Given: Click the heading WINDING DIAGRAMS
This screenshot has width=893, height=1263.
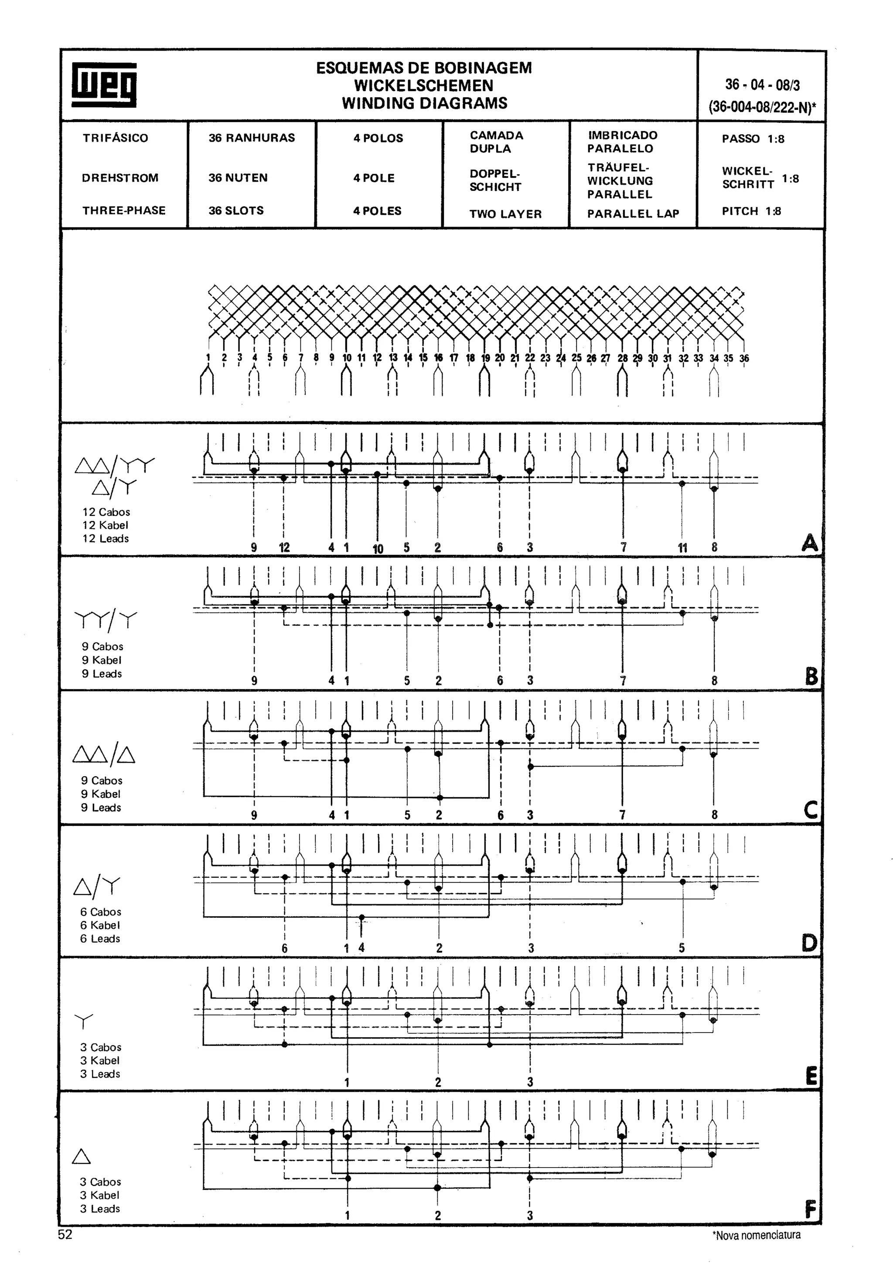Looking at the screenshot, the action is point(424,103).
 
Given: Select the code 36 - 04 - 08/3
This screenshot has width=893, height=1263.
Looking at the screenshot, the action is point(762,85).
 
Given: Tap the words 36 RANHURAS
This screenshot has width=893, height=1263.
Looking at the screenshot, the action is point(252,138).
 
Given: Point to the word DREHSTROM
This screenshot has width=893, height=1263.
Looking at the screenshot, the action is point(120,178).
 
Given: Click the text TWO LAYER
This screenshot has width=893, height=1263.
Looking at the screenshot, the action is point(505,214).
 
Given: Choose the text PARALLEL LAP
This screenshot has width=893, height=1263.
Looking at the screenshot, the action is point(633,214).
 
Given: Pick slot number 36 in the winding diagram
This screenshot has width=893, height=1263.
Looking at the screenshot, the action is point(744,358).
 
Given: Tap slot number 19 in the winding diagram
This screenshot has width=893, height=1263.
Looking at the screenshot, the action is point(485,358).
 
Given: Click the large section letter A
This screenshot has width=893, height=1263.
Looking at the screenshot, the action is point(809,543).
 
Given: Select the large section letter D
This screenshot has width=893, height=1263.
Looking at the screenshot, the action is point(809,944).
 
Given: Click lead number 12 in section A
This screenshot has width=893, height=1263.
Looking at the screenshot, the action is point(284,547).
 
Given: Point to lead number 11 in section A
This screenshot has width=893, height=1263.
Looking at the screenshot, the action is point(682,547).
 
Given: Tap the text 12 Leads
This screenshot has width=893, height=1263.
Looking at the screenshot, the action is point(106,539).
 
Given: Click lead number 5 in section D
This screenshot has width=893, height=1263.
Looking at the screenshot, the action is point(682,948).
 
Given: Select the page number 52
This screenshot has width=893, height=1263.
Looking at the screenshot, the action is point(65,1235).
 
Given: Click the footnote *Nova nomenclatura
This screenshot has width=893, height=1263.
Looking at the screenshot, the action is point(756,1236).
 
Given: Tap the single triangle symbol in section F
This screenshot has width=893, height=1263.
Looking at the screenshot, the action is point(82,1158).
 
